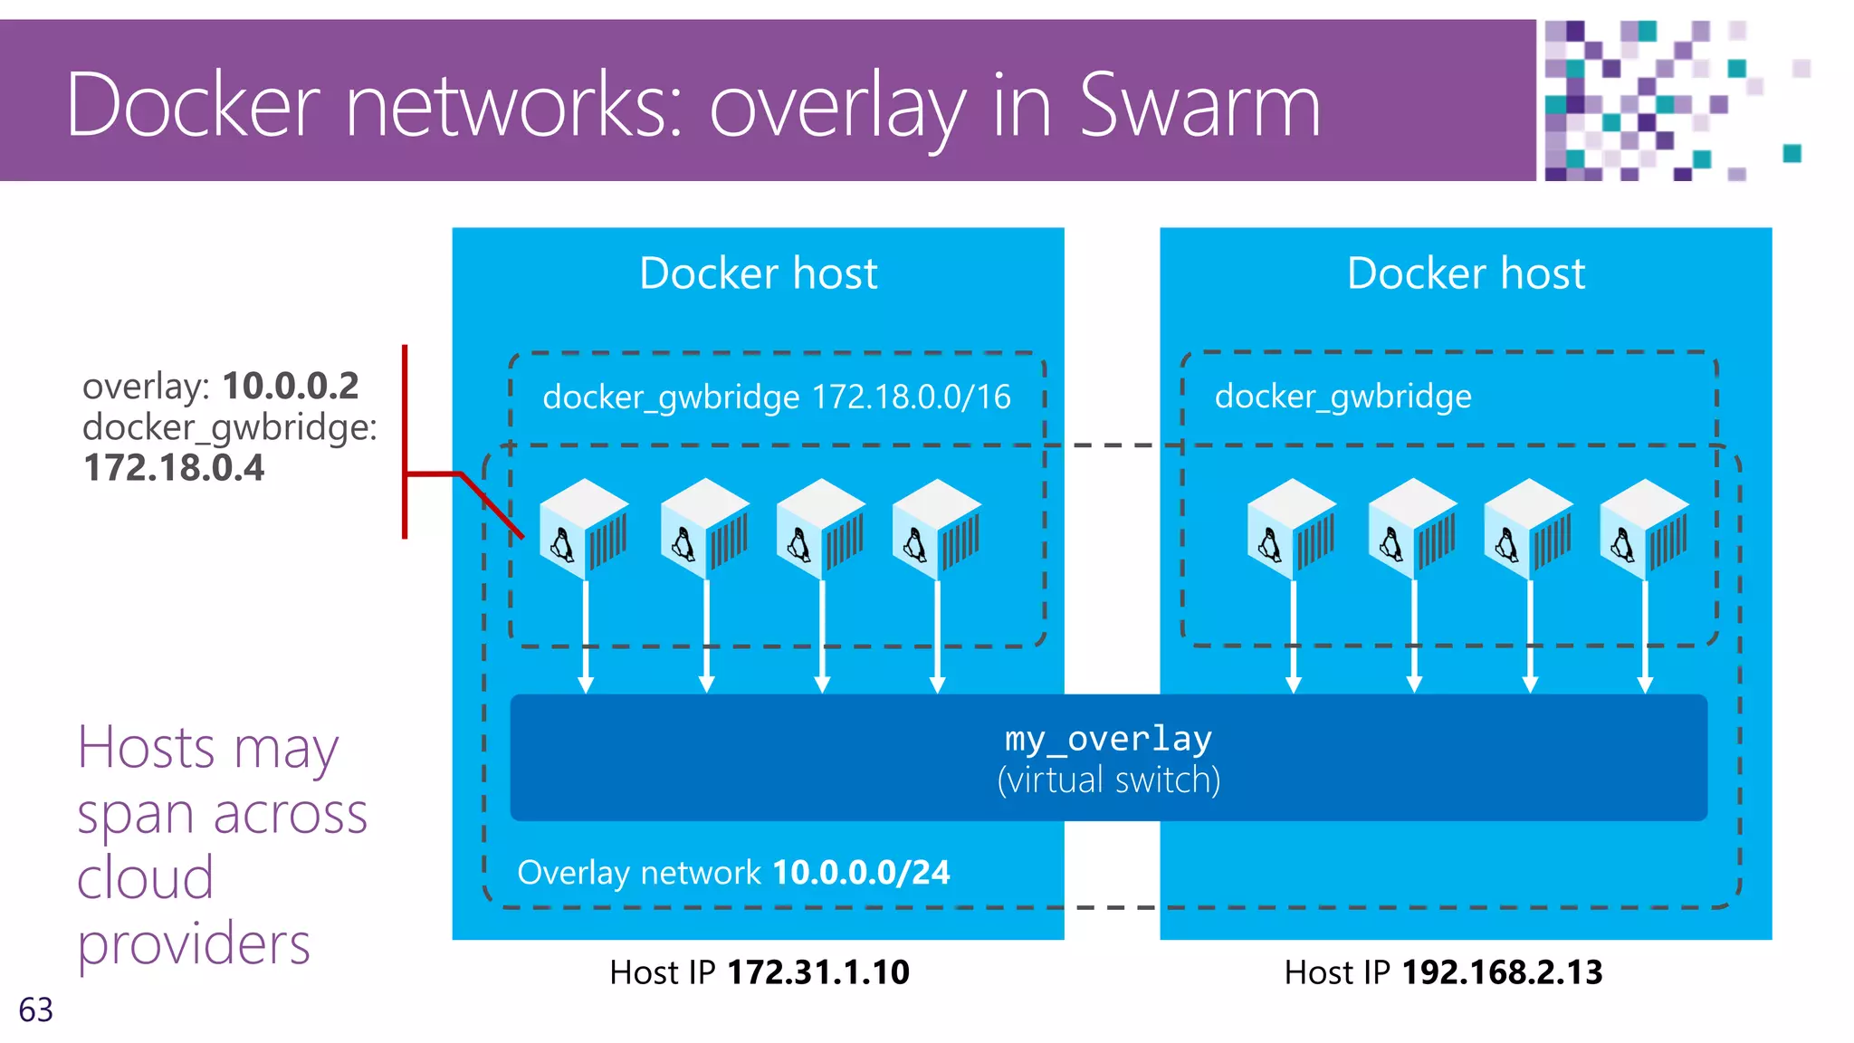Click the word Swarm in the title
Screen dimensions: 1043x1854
click(x=1199, y=107)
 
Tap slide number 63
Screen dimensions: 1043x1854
click(x=36, y=1010)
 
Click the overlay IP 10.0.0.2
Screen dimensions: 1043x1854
click(x=290, y=387)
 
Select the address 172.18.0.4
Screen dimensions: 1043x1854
click(x=174, y=468)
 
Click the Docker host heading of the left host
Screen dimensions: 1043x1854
click(x=758, y=273)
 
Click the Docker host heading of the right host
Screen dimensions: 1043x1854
click(x=1466, y=273)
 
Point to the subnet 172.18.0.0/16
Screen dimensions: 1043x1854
click(x=911, y=397)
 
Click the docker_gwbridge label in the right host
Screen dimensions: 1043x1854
click(x=1343, y=397)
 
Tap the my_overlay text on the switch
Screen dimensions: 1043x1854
click(x=1108, y=739)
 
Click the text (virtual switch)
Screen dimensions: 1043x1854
click(x=1108, y=780)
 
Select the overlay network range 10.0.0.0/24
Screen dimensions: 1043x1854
click(x=861, y=873)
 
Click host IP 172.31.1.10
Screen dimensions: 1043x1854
click(x=818, y=972)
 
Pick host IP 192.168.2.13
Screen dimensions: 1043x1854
click(x=1502, y=972)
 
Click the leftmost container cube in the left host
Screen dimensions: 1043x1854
click(x=584, y=529)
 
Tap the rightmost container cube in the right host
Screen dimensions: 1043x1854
click(x=1644, y=529)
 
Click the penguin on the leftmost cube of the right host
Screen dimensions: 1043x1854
click(x=1269, y=544)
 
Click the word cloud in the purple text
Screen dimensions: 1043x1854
click(x=145, y=878)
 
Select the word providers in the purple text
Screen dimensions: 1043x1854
click(x=194, y=944)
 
